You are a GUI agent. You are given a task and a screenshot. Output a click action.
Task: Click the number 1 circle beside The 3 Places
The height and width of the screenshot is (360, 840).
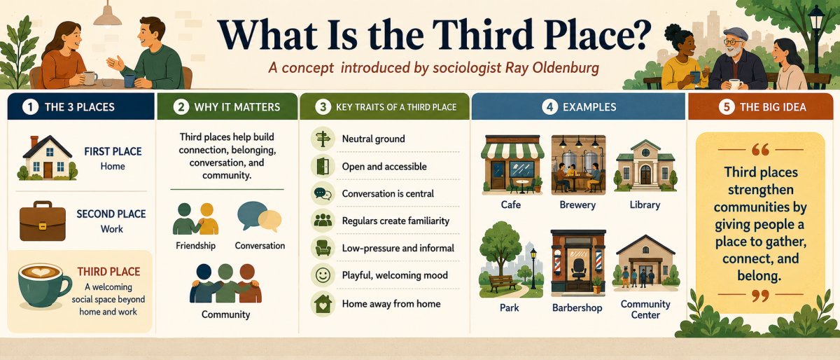click(x=30, y=107)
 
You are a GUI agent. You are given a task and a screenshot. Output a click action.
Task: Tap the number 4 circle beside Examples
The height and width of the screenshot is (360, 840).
click(x=549, y=107)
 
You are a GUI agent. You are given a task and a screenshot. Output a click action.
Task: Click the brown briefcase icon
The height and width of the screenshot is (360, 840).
click(x=43, y=221)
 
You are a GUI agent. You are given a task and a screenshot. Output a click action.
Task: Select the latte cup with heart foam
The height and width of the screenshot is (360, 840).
click(x=44, y=285)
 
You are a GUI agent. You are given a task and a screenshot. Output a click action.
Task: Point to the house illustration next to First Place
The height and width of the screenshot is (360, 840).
click(x=48, y=158)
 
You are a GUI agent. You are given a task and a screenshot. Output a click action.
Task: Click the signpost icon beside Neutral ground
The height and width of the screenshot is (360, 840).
click(x=323, y=139)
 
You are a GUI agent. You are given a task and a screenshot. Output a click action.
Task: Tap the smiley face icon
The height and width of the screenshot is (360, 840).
click(x=323, y=275)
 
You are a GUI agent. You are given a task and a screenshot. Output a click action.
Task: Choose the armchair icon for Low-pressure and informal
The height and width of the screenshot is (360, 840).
click(x=323, y=248)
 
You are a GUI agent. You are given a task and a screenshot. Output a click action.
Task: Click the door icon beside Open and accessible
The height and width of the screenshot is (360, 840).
click(x=323, y=166)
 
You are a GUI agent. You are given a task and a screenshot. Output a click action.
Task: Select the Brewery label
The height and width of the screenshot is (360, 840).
click(x=577, y=205)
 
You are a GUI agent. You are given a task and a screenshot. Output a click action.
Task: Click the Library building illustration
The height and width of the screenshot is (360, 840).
click(x=645, y=165)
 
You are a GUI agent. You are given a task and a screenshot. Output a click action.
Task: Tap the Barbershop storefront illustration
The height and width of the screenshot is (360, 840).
click(x=578, y=263)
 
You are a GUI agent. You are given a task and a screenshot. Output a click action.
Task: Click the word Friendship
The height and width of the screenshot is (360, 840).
click(x=195, y=246)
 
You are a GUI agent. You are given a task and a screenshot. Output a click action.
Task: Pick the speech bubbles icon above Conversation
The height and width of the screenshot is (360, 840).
click(x=259, y=216)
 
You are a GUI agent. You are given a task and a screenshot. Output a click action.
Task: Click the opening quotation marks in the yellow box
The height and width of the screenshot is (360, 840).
click(x=760, y=150)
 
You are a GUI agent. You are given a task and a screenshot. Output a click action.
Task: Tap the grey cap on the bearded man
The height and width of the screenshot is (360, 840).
click(x=736, y=34)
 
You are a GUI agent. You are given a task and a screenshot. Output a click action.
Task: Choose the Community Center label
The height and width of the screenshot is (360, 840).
click(x=645, y=310)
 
